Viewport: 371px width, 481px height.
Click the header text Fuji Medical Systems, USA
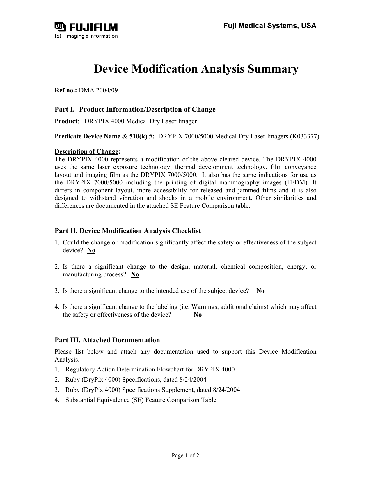(x=269, y=26)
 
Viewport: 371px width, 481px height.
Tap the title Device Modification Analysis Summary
(x=196, y=69)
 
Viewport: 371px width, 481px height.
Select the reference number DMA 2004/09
(x=98, y=90)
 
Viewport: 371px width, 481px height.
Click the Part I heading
(x=135, y=110)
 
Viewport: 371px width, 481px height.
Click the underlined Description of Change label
(x=86, y=152)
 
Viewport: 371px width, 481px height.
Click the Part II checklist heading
(x=128, y=231)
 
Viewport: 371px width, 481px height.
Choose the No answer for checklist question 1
(x=91, y=251)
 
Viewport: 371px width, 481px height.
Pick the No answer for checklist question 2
(x=135, y=275)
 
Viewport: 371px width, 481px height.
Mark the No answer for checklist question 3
(x=260, y=291)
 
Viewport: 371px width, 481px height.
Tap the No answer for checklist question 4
(x=198, y=315)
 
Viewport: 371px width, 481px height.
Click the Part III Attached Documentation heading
(x=107, y=340)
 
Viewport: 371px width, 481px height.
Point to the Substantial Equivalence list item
(x=141, y=400)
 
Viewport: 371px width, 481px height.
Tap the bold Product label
(x=66, y=121)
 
